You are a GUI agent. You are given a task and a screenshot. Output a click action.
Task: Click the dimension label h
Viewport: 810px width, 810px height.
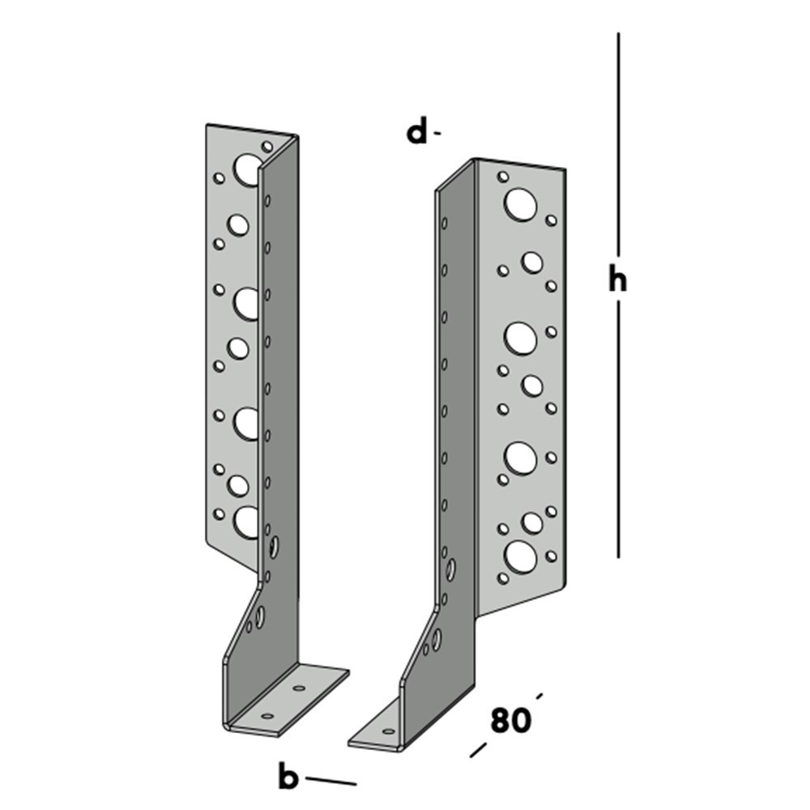[618, 280]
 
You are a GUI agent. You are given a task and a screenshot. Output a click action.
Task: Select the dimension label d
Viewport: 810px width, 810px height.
[416, 131]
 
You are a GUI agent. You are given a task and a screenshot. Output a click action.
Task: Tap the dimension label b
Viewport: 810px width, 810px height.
[288, 778]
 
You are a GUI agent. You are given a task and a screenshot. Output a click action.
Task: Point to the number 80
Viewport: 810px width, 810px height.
[509, 720]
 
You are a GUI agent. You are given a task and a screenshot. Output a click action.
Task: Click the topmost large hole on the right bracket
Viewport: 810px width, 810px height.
[520, 203]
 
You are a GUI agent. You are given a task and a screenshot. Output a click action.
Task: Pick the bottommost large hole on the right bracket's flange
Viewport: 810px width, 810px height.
[520, 556]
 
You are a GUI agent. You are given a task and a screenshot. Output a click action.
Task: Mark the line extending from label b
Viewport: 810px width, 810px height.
[330, 781]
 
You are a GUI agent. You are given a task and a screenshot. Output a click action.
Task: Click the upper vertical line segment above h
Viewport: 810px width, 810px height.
[618, 146]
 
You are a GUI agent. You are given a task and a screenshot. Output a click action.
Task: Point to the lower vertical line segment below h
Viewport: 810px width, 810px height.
[618, 429]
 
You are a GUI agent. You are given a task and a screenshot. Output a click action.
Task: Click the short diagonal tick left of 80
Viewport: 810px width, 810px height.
[479, 749]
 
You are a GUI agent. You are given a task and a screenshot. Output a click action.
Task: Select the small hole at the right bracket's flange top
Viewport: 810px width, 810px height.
[503, 176]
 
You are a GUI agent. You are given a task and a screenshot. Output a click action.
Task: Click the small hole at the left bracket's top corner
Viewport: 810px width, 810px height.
[267, 146]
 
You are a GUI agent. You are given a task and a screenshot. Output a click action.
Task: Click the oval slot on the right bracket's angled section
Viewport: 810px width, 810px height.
[437, 639]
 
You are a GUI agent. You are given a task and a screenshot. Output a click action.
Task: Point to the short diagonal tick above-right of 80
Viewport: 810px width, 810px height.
[539, 695]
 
